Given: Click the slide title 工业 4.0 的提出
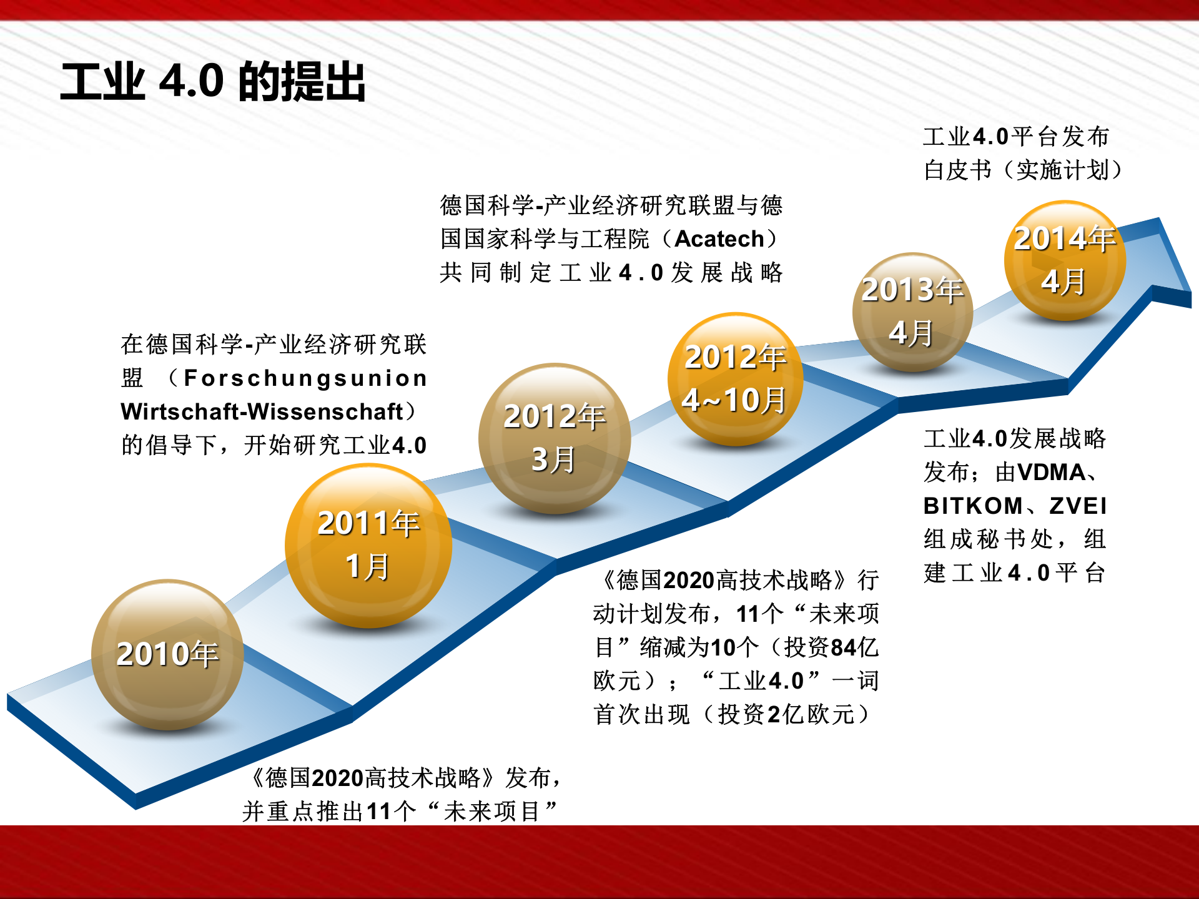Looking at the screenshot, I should [212, 82].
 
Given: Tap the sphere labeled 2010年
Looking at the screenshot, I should [167, 654].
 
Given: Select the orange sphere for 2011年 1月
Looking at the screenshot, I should [368, 545].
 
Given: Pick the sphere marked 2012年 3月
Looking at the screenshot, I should [555, 438].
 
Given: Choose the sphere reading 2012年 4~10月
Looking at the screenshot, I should [735, 379].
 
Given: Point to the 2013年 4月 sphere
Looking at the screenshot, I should [912, 312].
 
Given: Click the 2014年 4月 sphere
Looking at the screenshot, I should [1065, 260].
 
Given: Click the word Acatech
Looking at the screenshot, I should [719, 239].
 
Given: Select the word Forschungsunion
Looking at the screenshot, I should [305, 378].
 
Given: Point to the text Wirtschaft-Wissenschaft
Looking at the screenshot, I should [262, 412].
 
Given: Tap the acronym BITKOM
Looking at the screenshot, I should [973, 506].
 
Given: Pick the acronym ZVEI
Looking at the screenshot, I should [1078, 506].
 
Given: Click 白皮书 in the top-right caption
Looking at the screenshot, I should [957, 170].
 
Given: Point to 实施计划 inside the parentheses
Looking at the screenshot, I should [1062, 170].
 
